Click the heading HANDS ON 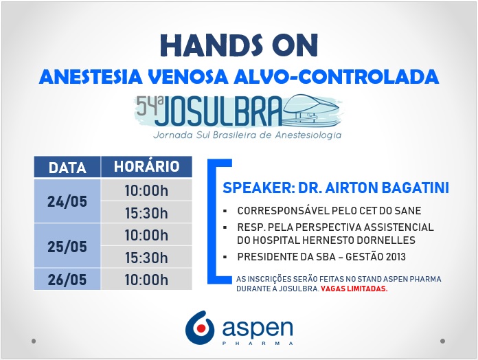point(239,45)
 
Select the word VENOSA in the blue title point(188,76)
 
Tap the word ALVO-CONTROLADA point(337,76)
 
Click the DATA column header point(67,167)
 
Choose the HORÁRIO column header point(147,167)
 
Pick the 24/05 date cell point(67,201)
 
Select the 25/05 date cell point(67,246)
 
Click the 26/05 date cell point(67,279)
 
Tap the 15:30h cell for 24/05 point(147,212)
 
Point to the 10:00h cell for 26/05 point(147,279)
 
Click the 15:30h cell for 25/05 point(147,257)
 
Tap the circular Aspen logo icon point(200,328)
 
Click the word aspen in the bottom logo point(258,328)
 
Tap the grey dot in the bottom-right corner point(443,341)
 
